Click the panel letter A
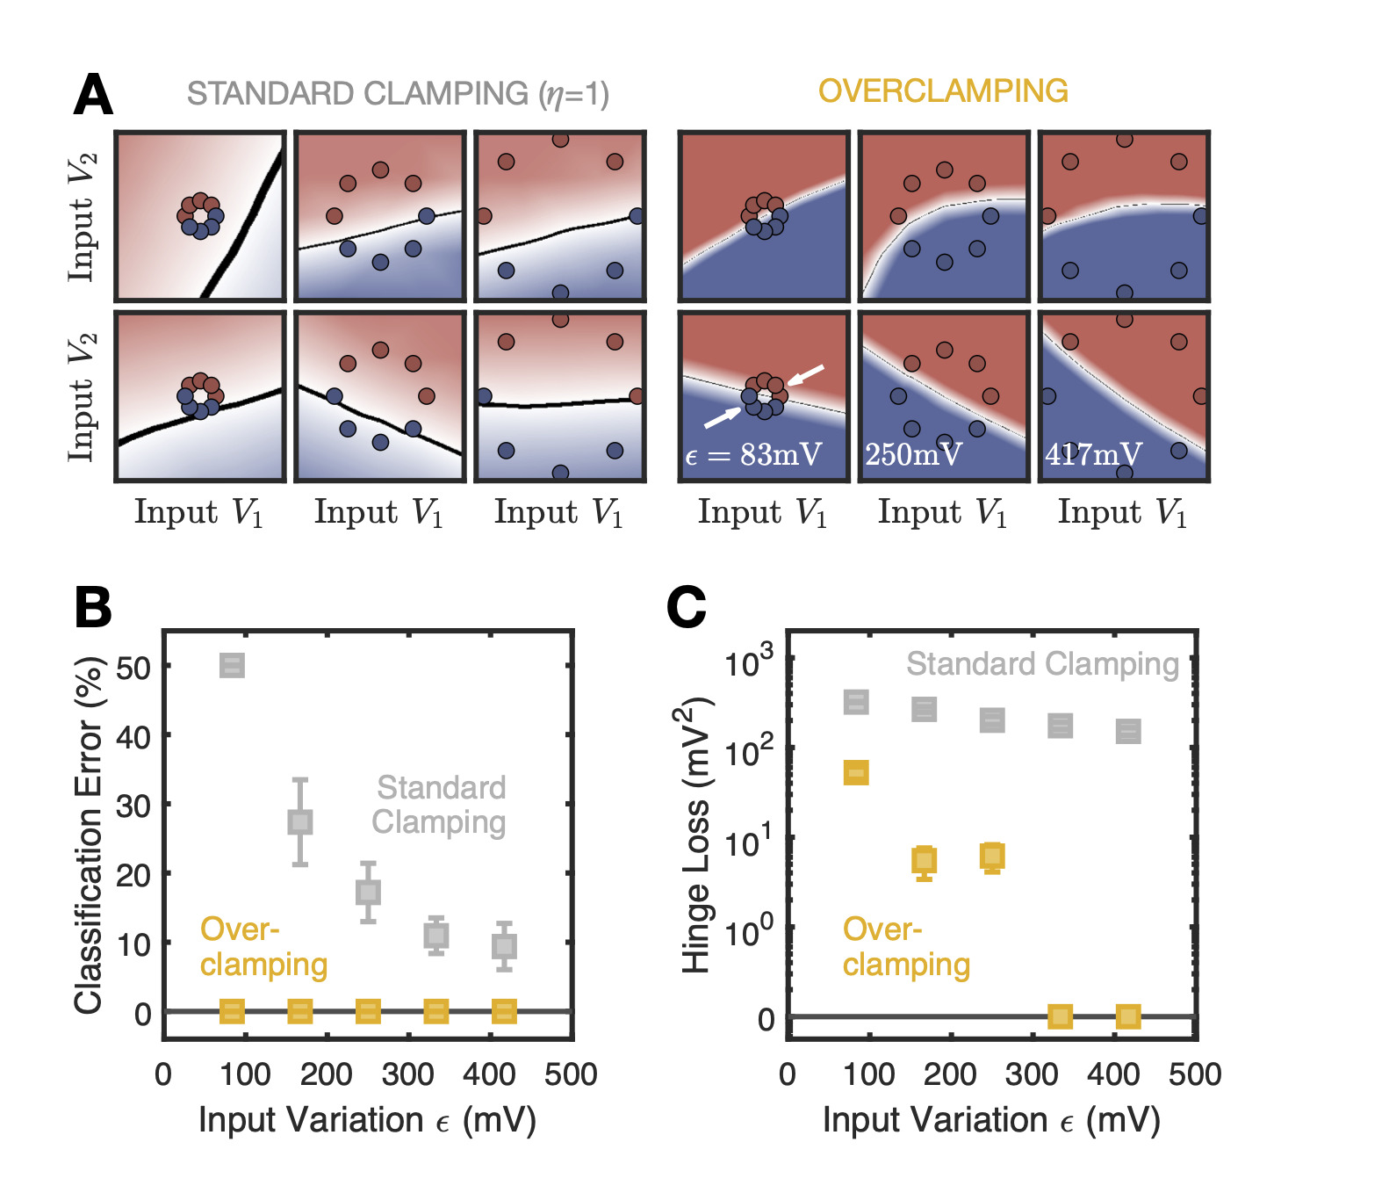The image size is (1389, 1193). click(93, 95)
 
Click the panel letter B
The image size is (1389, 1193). click(93, 607)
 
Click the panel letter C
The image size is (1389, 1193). click(687, 607)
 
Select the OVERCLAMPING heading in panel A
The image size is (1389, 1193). click(943, 91)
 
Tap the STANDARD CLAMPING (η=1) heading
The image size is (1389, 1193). click(398, 94)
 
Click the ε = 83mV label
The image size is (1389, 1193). click(753, 454)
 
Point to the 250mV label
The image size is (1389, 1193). click(913, 454)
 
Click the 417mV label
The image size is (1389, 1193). click(1093, 454)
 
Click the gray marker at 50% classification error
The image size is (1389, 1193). click(232, 665)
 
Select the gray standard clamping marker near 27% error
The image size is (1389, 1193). click(300, 822)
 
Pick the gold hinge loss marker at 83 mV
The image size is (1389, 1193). click(856, 773)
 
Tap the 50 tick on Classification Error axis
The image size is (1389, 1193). click(133, 667)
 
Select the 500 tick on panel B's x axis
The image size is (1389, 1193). click(571, 1074)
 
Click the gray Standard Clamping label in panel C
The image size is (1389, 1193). click(1042, 665)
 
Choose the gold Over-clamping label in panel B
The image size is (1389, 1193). click(263, 947)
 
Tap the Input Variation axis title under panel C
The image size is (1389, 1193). click(991, 1121)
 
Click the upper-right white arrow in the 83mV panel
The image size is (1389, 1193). click(805, 374)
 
